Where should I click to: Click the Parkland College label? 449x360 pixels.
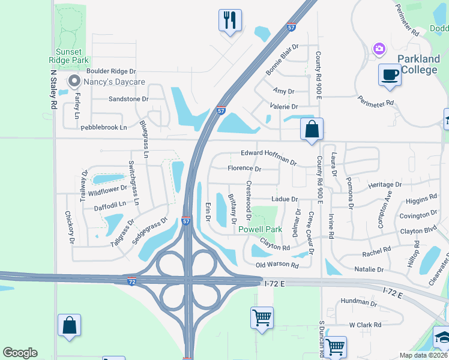click(x=420, y=65)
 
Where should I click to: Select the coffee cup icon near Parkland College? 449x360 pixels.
click(x=390, y=75)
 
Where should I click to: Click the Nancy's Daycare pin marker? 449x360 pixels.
click(x=74, y=80)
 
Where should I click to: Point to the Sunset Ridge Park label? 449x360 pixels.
click(x=69, y=56)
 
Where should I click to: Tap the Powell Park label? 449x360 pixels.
click(x=260, y=229)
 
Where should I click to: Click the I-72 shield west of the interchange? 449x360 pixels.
click(x=131, y=281)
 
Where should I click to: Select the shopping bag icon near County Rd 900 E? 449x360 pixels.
click(x=312, y=129)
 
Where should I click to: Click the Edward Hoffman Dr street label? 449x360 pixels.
click(x=268, y=157)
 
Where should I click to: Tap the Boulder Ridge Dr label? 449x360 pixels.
click(x=111, y=71)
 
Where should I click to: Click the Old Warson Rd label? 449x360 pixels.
click(x=277, y=265)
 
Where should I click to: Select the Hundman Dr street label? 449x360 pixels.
click(x=358, y=304)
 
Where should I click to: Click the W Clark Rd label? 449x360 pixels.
click(x=365, y=325)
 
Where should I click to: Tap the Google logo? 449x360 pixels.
click(x=20, y=353)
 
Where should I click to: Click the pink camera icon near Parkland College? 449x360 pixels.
click(x=379, y=48)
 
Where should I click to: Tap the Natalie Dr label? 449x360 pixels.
click(x=368, y=270)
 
